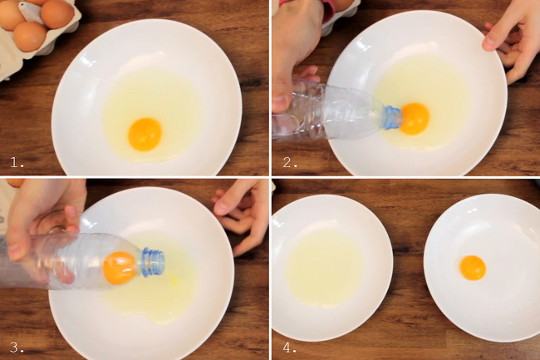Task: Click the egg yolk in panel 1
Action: pyautogui.click(x=145, y=135)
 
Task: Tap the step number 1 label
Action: pyautogui.click(x=17, y=162)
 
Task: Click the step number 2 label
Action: pyautogui.click(x=290, y=162)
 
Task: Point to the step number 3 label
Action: pyautogui.click(x=17, y=348)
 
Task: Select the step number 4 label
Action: pyautogui.click(x=290, y=348)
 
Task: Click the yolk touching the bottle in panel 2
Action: pyautogui.click(x=415, y=119)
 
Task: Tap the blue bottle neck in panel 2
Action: pyautogui.click(x=393, y=118)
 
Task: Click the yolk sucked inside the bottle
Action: pyautogui.click(x=120, y=268)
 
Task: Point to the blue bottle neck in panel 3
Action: pyautogui.click(x=153, y=263)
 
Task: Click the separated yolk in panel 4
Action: pyautogui.click(x=473, y=268)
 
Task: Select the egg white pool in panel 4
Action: pyautogui.click(x=325, y=269)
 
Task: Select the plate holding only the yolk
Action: pyautogui.click(x=482, y=268)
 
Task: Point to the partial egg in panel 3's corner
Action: pyautogui.click(x=14, y=183)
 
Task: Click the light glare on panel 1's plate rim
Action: pyautogui.click(x=88, y=62)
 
